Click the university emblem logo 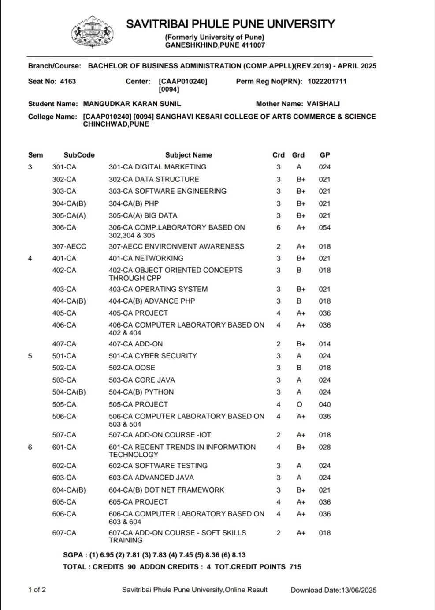pos(92,33)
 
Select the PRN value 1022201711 pos(327,81)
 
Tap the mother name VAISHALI pos(323,104)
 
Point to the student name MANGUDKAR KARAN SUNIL pos(132,104)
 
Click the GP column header pos(325,155)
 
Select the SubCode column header pos(79,155)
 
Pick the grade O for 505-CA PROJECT pos(300,404)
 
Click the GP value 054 pos(325,227)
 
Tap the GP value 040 pos(325,404)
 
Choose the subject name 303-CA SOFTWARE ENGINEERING pos(167,191)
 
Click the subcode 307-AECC pos(69,246)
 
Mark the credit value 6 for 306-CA pos(279,227)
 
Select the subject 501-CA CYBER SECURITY pos(153,356)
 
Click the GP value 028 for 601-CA pos(325,447)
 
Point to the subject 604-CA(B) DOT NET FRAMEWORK pos(167,490)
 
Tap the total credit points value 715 pos(295,567)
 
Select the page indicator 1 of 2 pos(37,590)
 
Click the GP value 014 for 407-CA pos(325,344)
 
